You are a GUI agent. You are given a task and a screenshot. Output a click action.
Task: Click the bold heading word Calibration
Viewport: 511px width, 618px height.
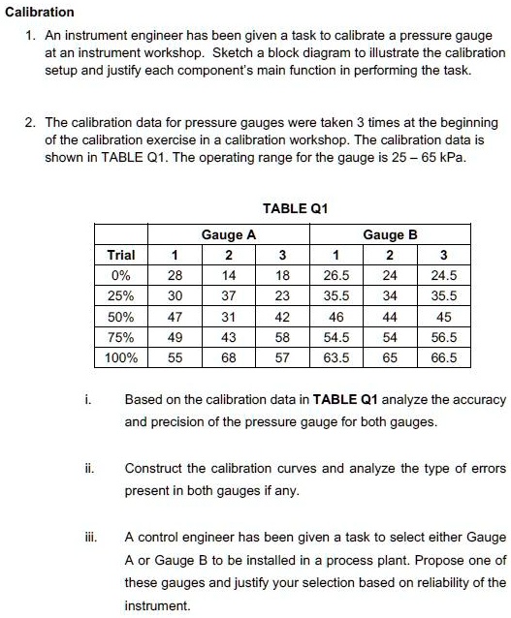tap(40, 12)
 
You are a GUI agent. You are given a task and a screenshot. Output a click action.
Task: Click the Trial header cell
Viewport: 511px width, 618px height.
tap(121, 255)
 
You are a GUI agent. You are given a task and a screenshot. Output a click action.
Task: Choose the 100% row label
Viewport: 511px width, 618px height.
tap(121, 356)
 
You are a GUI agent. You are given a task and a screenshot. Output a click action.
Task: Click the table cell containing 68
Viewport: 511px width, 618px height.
tap(229, 356)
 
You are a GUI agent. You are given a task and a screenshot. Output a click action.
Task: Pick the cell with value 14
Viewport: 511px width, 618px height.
tap(229, 275)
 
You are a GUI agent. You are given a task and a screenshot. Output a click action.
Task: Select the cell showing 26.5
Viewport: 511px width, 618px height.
tap(336, 275)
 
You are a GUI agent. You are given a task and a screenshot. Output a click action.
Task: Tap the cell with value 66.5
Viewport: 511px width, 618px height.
tap(443, 356)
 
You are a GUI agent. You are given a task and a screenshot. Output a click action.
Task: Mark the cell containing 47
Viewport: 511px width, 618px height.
tap(176, 316)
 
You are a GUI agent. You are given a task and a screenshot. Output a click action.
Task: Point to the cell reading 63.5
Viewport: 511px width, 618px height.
tap(336, 356)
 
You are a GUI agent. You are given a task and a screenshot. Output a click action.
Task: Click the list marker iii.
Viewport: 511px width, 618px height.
tap(87, 536)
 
